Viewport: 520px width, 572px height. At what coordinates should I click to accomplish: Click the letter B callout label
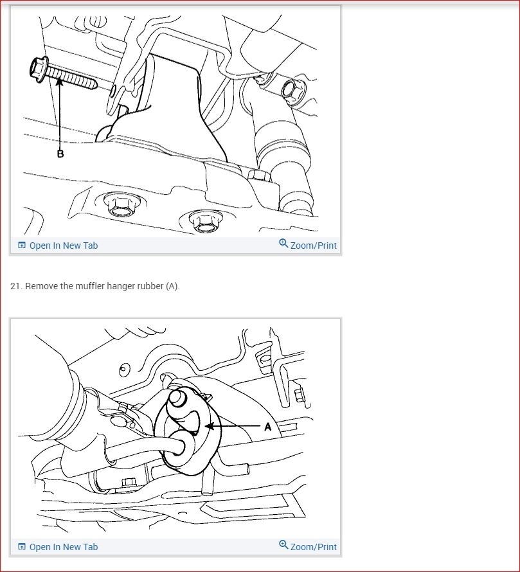(60, 154)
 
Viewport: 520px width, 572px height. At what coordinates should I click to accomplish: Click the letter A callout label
(268, 427)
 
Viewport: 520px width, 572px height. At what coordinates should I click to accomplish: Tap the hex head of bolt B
(39, 67)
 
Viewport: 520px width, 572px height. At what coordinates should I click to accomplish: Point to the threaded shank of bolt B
(71, 78)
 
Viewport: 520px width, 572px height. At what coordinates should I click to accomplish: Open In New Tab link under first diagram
(64, 246)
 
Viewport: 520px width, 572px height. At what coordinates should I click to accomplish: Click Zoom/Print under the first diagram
(314, 246)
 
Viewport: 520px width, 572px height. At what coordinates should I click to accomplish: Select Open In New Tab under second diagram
(64, 547)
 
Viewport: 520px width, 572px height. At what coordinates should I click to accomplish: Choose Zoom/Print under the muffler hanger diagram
(314, 547)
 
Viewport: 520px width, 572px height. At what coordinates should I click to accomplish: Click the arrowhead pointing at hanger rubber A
(210, 425)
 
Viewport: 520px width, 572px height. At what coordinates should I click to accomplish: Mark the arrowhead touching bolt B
(59, 82)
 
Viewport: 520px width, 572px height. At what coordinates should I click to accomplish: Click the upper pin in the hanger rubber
(177, 398)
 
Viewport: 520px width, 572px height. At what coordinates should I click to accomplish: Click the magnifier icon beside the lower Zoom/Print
(283, 544)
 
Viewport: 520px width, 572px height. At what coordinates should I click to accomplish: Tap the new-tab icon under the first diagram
(22, 245)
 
